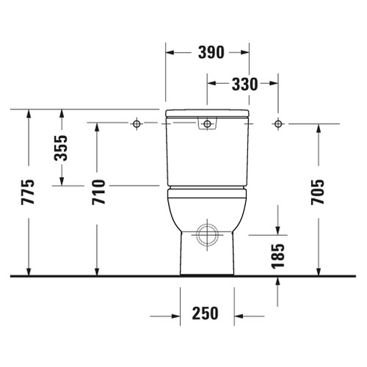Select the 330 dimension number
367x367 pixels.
click(x=242, y=84)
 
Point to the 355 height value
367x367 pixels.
click(x=61, y=149)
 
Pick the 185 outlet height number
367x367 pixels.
click(x=277, y=258)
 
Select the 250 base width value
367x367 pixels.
click(x=206, y=314)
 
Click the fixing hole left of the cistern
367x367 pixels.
click(x=137, y=123)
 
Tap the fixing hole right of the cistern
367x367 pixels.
click(x=277, y=123)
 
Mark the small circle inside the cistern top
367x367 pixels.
click(x=207, y=123)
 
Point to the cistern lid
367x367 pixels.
click(x=207, y=113)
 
